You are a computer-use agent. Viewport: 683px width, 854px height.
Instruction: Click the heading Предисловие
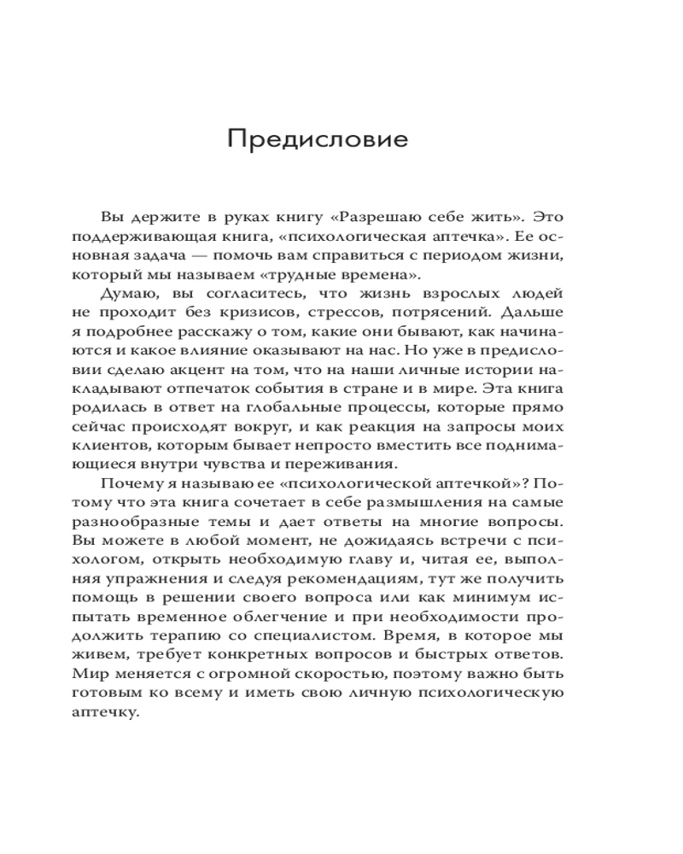click(318, 139)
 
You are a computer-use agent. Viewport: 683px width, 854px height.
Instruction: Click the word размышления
click(440, 502)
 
